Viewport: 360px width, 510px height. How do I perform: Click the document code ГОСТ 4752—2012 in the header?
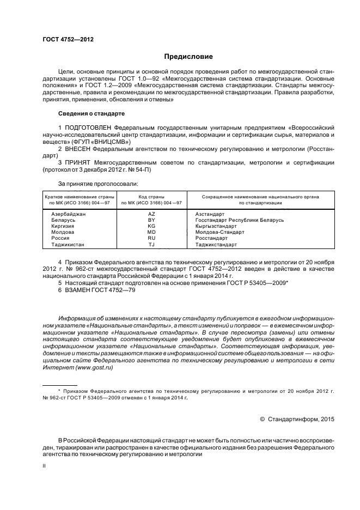[x=64, y=39]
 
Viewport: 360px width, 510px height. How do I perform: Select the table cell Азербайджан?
[x=69, y=214]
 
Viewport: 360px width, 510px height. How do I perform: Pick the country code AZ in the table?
[x=151, y=214]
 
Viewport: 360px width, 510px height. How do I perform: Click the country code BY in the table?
[x=151, y=220]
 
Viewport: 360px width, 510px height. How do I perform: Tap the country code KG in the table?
[x=151, y=226]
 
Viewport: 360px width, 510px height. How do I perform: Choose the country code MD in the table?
[x=151, y=232]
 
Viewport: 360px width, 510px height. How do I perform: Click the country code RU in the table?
[x=151, y=238]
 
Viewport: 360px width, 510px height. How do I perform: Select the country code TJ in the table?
[x=151, y=245]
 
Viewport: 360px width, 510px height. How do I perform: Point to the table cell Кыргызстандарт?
[x=216, y=226]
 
